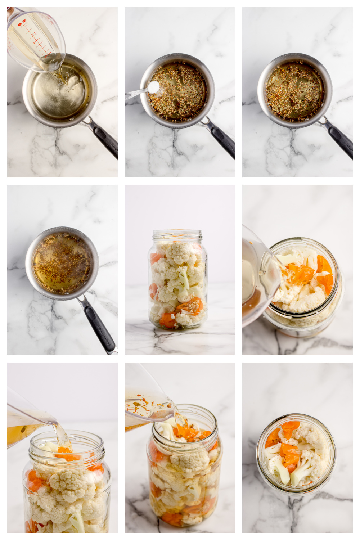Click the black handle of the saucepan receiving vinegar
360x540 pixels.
click(x=104, y=139)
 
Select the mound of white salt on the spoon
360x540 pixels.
click(x=154, y=86)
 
